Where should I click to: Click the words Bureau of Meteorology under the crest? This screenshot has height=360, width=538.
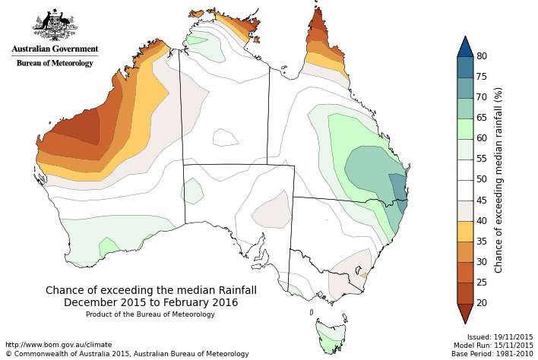(x=55, y=63)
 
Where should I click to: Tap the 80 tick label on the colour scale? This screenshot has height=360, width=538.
(x=482, y=56)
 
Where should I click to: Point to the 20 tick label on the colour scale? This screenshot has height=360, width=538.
(x=482, y=303)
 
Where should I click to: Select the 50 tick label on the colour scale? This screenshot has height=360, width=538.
(x=482, y=179)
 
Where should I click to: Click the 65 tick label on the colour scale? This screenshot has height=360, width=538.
(x=482, y=118)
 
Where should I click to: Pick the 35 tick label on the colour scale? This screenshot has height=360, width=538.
(x=482, y=242)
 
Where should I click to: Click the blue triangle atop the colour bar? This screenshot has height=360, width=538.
(x=465, y=46)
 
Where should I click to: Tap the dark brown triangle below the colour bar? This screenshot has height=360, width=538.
(x=465, y=312)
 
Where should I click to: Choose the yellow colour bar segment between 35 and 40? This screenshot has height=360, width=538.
(x=465, y=231)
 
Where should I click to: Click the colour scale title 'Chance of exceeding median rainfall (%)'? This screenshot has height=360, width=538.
(x=498, y=179)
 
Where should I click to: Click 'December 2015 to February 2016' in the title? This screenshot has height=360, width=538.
(x=151, y=302)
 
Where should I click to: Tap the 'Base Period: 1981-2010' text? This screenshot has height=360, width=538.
(x=492, y=353)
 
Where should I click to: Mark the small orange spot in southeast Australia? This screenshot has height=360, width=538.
(x=364, y=276)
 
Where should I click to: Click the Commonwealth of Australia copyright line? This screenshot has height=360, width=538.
(x=127, y=354)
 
